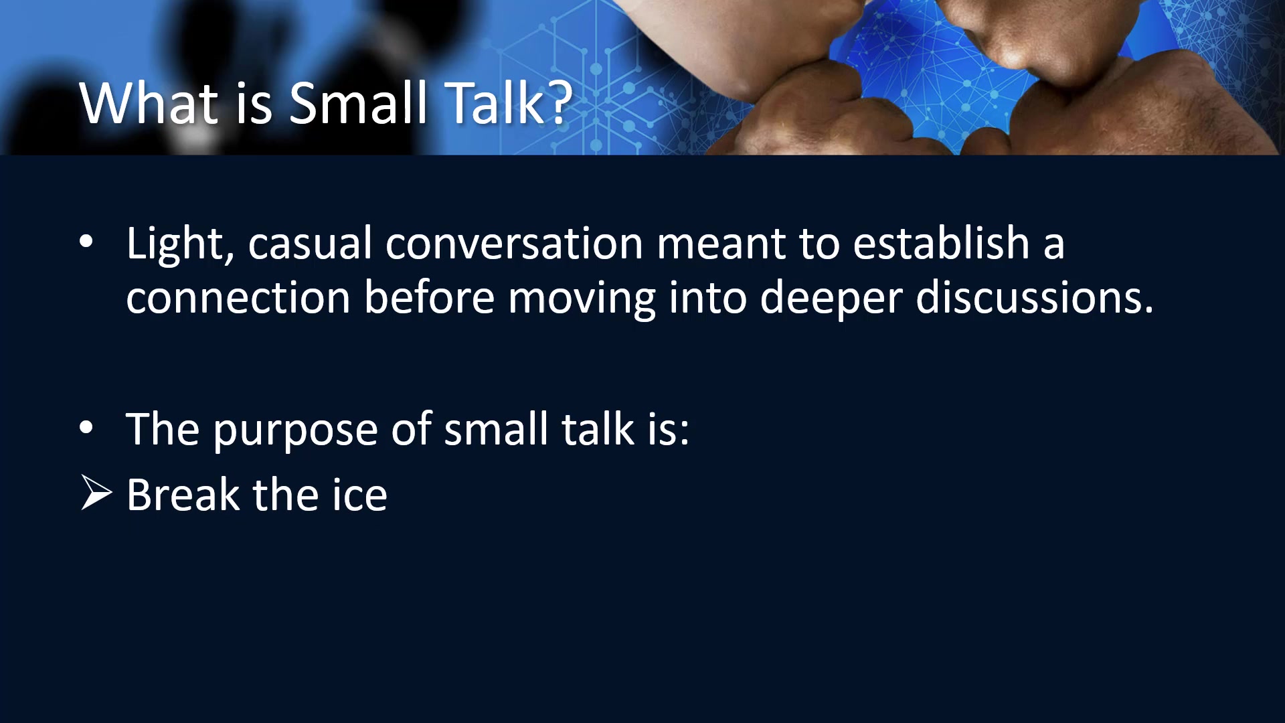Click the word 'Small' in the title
tap(357, 103)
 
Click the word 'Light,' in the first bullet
tap(180, 244)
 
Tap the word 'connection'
tap(238, 297)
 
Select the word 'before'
tap(429, 297)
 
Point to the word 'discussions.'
tap(1035, 297)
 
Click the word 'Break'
tap(183, 495)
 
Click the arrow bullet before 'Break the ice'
tap(96, 493)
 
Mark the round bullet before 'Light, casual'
tap(86, 242)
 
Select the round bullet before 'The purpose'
tap(86, 428)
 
